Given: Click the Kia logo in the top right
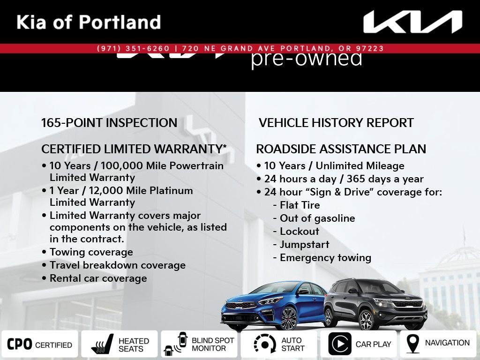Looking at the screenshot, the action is pyautogui.click(x=412, y=22).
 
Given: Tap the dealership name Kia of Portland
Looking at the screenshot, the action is pyautogui.click(x=89, y=22).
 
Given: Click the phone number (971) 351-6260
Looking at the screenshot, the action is pyautogui.click(x=133, y=48).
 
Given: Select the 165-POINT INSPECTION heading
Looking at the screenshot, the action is pyautogui.click(x=109, y=123).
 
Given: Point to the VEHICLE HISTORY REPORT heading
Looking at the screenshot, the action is pyautogui.click(x=336, y=123).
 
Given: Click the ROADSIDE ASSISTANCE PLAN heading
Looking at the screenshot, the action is pyautogui.click(x=341, y=149).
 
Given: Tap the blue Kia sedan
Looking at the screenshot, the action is pyautogui.click(x=273, y=306).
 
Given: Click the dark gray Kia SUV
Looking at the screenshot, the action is pyautogui.click(x=375, y=304).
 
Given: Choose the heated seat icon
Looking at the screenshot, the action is pyautogui.click(x=102, y=344).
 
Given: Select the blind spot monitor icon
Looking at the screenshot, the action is pyautogui.click(x=176, y=344).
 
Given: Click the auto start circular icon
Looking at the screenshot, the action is pyautogui.click(x=265, y=344).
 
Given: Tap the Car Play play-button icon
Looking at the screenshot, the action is pyautogui.click(x=340, y=344).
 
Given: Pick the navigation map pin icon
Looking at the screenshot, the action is pyautogui.click(x=412, y=344).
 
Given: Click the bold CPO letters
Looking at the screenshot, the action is pyautogui.click(x=19, y=345).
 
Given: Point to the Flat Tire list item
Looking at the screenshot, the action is pyautogui.click(x=296, y=205).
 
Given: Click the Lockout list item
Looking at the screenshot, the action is pyautogui.click(x=296, y=232).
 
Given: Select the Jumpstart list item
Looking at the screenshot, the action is pyautogui.click(x=301, y=245).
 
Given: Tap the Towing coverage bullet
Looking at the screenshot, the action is pyautogui.click(x=88, y=252).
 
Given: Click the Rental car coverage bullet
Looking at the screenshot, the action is pyautogui.click(x=94, y=278).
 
